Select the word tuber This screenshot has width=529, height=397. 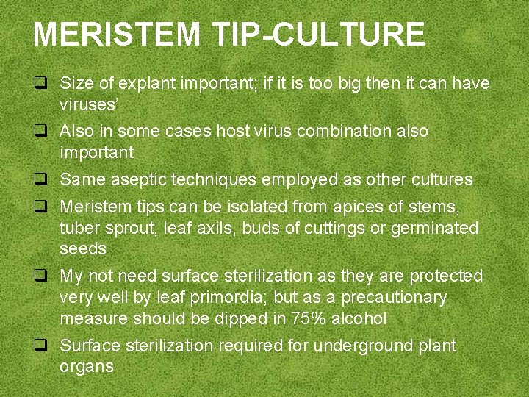coord(79,228)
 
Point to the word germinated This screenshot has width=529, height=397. coord(434,228)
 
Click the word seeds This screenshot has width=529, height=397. coord(83,249)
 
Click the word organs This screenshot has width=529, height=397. coord(87,367)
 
